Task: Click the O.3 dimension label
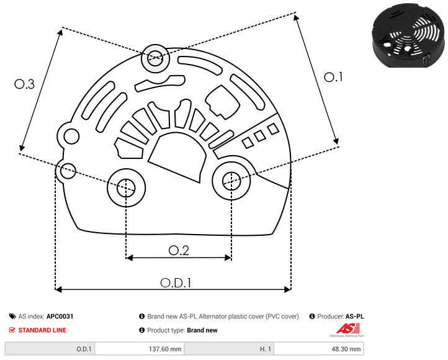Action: click(24, 84)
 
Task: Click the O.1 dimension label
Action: click(334, 77)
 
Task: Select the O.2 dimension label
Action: click(179, 250)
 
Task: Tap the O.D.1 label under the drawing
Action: click(176, 282)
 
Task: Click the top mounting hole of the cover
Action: click(153, 60)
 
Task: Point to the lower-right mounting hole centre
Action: click(231, 180)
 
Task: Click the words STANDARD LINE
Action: click(42, 330)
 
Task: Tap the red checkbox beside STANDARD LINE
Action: click(12, 330)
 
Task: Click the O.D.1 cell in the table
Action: click(84, 349)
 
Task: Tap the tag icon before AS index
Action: click(12, 317)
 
